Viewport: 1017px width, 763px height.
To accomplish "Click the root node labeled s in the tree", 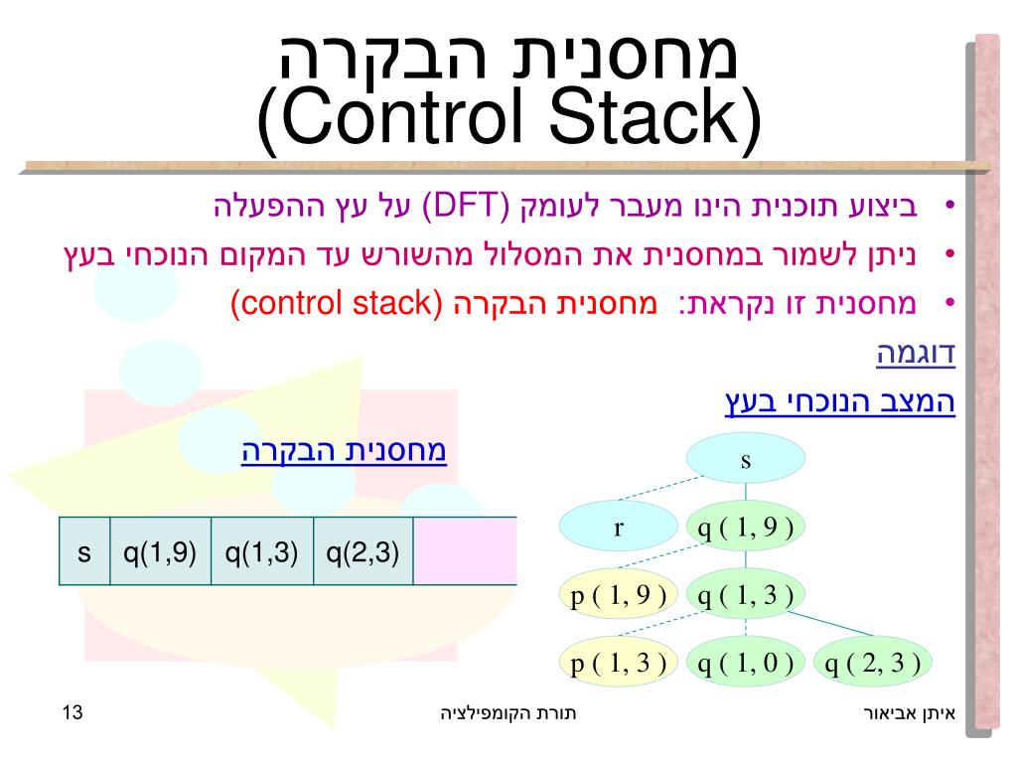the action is click(x=745, y=461).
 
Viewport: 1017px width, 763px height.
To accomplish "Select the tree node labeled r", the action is click(x=617, y=528).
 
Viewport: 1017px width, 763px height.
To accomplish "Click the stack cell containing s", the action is click(x=84, y=551).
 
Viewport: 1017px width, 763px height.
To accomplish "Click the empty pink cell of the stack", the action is click(x=465, y=551).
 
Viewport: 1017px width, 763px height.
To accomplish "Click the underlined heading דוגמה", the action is click(x=915, y=354).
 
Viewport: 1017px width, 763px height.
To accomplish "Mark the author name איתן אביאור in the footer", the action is click(x=909, y=713).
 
